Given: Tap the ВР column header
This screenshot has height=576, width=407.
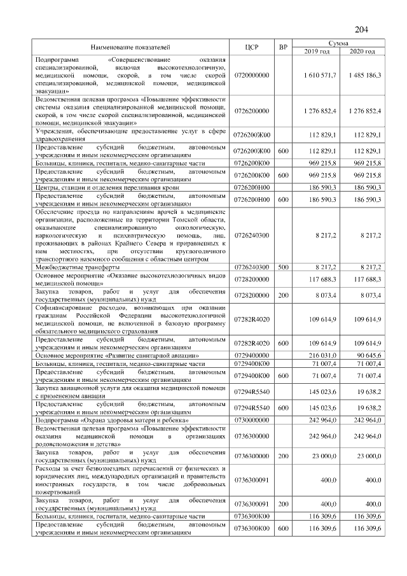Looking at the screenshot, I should [284, 47].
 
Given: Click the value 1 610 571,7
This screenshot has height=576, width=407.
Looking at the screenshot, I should [321, 75].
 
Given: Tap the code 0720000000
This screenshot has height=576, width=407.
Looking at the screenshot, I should [252, 75].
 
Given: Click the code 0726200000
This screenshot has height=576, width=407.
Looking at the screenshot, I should [252, 111].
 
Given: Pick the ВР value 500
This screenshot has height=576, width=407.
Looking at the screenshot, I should [284, 268].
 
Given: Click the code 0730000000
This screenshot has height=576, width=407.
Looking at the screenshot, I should [252, 420].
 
